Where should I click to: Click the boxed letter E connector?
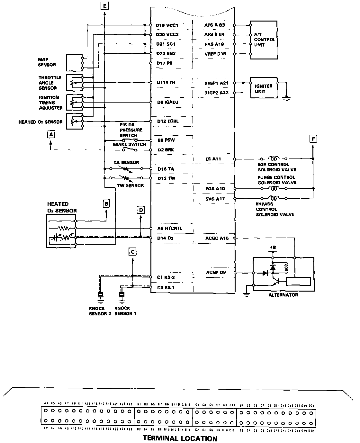105,5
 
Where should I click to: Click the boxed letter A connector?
51,135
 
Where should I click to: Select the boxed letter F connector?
313,139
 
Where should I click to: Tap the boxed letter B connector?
107,203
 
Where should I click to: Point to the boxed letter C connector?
133,251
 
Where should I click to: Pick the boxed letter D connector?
141,210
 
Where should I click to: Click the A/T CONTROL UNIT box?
264,40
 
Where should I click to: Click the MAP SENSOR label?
47,62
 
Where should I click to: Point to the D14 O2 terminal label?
166,238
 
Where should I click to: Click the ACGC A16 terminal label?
217,238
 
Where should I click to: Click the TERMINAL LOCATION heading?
180,438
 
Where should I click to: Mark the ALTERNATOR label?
283,295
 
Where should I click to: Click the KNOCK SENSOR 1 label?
125,311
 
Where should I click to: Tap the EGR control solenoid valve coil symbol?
274,158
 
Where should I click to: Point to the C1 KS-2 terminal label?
166,277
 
